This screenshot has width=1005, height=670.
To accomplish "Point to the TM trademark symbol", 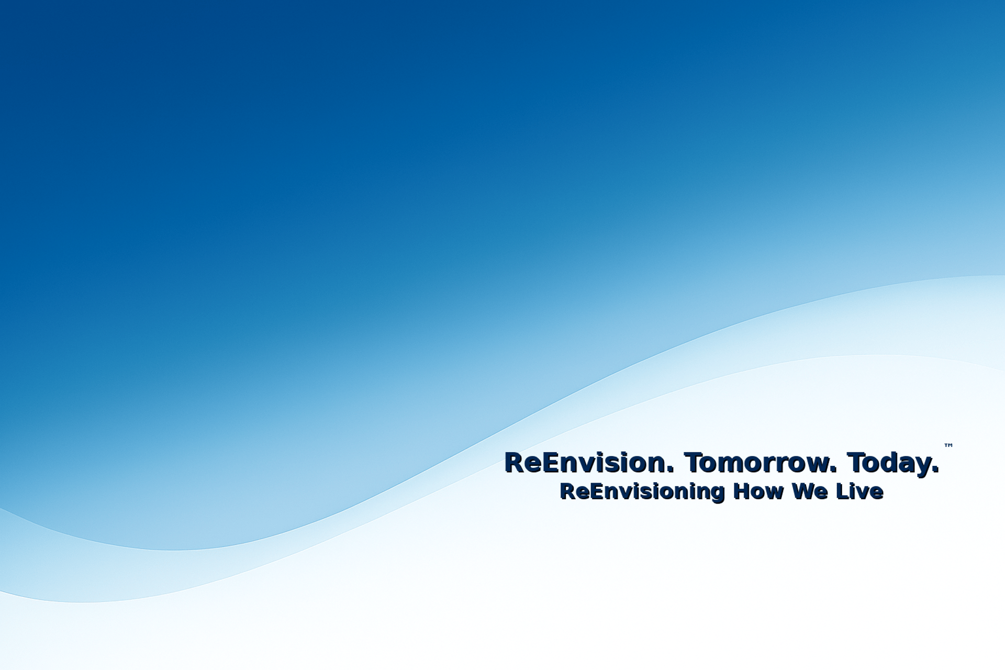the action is click(948, 445).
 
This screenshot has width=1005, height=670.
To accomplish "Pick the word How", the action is click(759, 492).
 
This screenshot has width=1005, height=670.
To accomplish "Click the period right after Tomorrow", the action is click(834, 471).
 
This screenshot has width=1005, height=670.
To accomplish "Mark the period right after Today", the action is click(936, 471).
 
